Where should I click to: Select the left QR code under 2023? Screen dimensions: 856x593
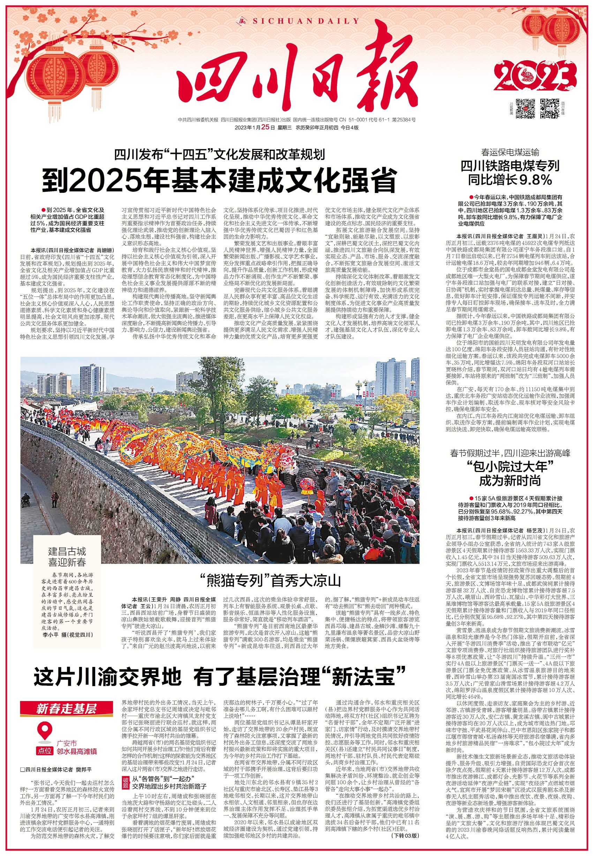click(526, 108)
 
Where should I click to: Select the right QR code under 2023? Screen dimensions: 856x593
click(549, 108)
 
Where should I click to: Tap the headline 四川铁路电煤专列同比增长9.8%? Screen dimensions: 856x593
click(510, 173)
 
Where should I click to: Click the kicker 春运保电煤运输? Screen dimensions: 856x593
click(510, 152)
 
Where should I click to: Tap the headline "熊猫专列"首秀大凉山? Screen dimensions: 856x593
click(270, 580)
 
